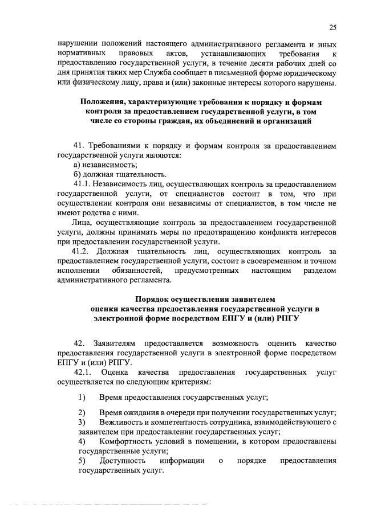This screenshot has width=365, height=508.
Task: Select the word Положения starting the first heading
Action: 100,101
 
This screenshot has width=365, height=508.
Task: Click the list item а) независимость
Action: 98,165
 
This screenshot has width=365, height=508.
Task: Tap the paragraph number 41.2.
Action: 82,251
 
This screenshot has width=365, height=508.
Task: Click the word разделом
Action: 317,271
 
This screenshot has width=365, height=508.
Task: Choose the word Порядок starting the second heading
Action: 155,299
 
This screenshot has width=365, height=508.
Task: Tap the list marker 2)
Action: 82,412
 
